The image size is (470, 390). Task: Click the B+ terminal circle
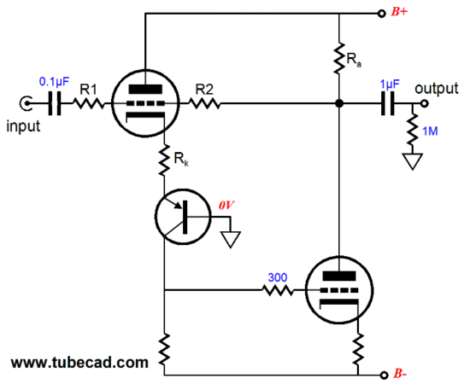(x=381, y=14)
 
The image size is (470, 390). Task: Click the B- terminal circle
(x=384, y=375)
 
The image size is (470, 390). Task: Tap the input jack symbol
(x=26, y=103)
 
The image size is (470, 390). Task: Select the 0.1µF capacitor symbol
(x=55, y=103)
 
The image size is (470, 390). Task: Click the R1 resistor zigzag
(x=89, y=103)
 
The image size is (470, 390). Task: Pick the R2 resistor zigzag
(x=204, y=103)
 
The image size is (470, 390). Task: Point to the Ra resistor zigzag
(x=339, y=58)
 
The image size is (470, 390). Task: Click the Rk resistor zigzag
(x=164, y=160)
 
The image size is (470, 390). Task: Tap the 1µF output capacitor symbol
(x=388, y=103)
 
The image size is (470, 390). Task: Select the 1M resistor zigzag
(x=413, y=128)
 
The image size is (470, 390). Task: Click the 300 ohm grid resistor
(x=278, y=290)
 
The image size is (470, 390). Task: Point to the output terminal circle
(x=424, y=103)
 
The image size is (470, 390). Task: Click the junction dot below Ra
(x=339, y=103)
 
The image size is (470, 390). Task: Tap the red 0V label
(x=226, y=206)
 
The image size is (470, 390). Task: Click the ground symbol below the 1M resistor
(x=413, y=161)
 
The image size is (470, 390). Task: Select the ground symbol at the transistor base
(x=231, y=240)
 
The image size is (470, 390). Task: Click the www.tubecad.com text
(x=79, y=363)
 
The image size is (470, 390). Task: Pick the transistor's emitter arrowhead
(x=178, y=205)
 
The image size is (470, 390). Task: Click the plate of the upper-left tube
(x=145, y=90)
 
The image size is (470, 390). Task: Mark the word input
(x=23, y=126)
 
